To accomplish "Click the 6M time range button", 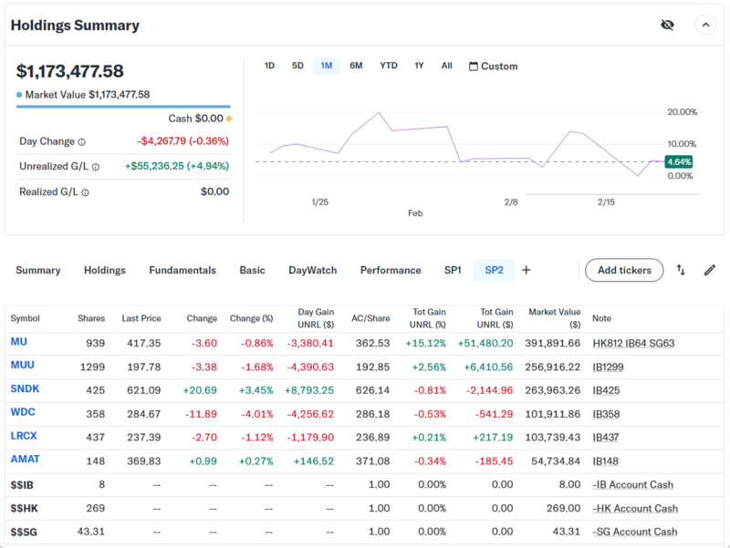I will point(356,66).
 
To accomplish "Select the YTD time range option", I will point(389,66).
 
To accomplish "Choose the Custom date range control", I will point(493,67).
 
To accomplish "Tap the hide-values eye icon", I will point(667,25).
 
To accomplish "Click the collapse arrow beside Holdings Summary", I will point(705,25).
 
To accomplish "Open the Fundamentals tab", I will point(182,270).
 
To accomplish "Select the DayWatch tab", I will point(312,270).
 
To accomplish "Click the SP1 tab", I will point(453,270).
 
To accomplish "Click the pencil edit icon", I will point(709,270).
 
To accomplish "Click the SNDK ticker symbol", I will point(25,389).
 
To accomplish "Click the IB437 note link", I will point(606,437).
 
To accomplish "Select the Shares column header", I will point(91,318).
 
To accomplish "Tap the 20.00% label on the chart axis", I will point(683,112).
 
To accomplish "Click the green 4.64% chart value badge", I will point(679,161).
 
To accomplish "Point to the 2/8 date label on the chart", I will point(511,202).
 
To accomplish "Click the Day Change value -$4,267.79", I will point(182,141).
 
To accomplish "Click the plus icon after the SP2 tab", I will point(527,270).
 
